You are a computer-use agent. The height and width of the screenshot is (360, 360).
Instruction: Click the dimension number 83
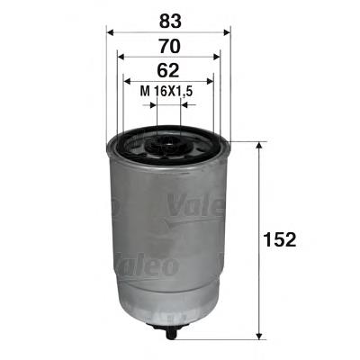coord(168,18)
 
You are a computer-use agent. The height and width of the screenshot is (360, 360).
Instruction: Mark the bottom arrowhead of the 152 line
coord(262,329)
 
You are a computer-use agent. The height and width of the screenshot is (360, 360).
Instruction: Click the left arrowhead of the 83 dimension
coord(111,31)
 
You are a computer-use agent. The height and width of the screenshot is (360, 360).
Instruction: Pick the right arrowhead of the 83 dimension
coord(228,31)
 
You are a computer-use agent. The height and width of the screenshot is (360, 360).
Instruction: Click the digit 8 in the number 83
coord(162,18)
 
